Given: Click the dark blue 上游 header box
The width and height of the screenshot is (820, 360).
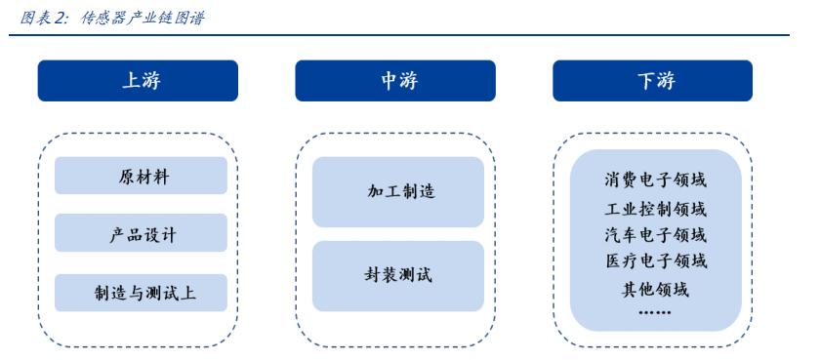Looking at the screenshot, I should tap(138, 81).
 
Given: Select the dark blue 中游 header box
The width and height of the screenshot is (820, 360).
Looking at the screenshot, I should tap(395, 81).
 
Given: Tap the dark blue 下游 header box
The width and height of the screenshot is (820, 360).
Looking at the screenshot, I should tap(653, 81).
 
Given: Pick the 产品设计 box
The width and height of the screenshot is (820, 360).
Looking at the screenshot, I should tap(141, 234).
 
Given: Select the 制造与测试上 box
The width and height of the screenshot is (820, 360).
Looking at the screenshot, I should tap(141, 293).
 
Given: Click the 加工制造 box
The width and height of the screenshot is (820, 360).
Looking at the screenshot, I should tap(397, 191).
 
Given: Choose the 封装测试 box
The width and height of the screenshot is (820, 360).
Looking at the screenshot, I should tap(397, 275).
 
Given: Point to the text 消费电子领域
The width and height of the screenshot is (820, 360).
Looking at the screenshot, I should tap(655, 180).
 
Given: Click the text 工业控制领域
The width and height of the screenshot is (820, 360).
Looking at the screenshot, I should tap(655, 208).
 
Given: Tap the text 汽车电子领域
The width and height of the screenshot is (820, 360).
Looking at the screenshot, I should tap(655, 234).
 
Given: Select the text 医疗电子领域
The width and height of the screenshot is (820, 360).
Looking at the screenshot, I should tap(655, 260).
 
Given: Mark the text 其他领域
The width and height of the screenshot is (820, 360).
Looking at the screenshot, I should tap(655, 289).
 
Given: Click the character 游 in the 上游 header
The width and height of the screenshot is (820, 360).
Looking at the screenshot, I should tap(149, 81).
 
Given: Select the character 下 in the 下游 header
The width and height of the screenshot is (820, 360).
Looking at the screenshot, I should tap(642, 81).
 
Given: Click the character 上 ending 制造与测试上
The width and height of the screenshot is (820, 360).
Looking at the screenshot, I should tap(189, 293).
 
